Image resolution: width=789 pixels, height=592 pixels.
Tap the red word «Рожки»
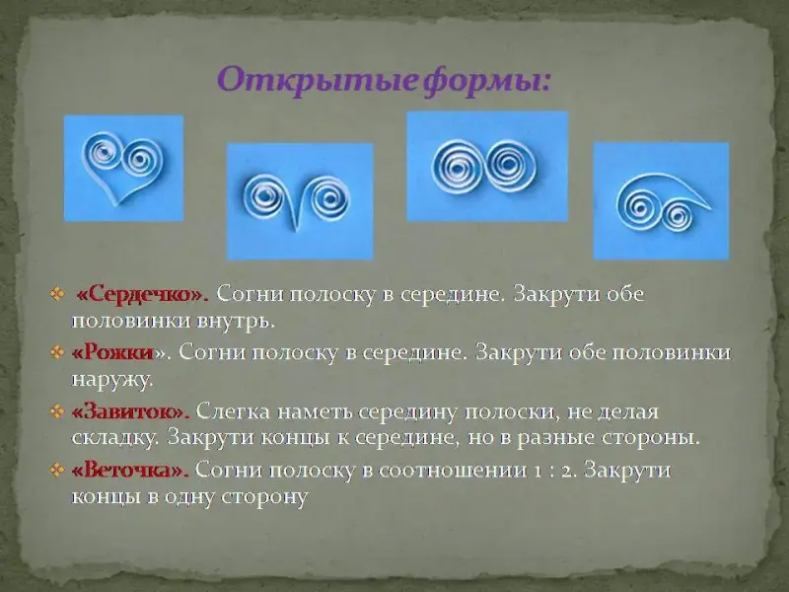112,352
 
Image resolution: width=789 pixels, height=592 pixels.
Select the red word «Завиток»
130,411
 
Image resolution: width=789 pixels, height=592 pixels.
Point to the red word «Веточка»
130,471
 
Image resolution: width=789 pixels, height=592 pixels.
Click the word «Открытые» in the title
318,81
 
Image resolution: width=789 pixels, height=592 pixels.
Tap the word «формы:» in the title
486,82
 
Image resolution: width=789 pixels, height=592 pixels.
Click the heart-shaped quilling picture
124,168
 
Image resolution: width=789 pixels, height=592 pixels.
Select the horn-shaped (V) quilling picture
300,201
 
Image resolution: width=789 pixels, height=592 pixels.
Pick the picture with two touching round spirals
487,166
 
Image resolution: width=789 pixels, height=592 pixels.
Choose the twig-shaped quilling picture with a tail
661,201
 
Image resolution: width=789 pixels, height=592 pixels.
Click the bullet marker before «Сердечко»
57,294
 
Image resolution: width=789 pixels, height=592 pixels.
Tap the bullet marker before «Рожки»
57,352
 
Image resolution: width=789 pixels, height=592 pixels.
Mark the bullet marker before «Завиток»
57,411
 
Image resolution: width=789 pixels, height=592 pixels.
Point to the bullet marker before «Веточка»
57,471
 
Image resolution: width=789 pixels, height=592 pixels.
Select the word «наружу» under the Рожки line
112,380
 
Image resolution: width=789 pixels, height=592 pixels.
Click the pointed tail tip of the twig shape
710,207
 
